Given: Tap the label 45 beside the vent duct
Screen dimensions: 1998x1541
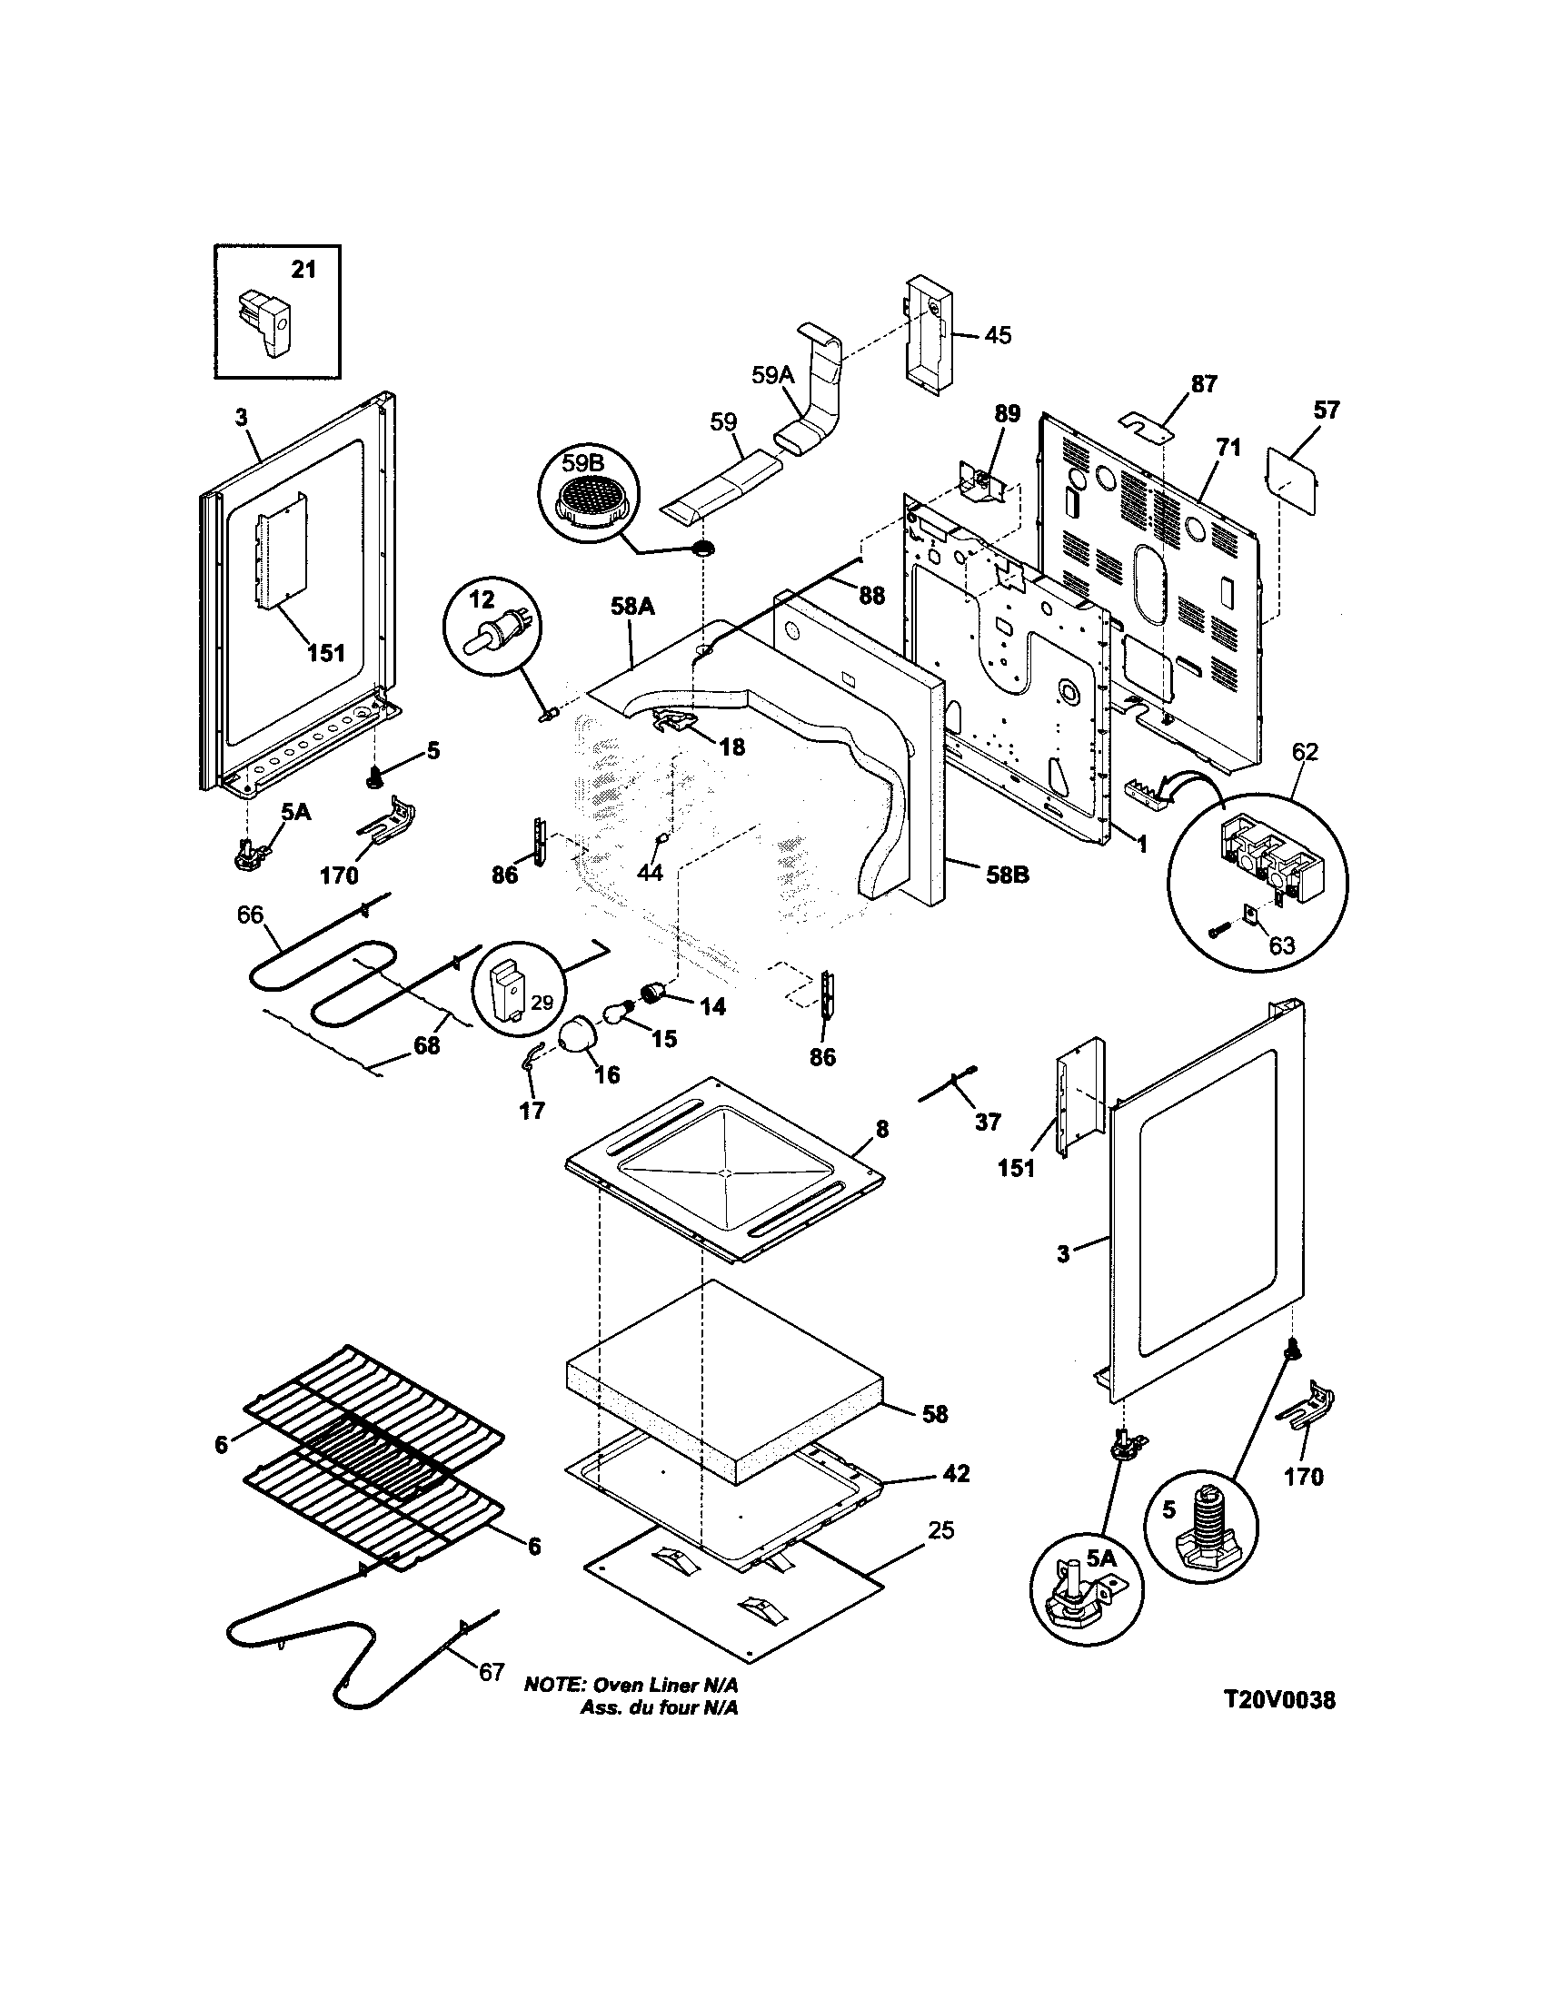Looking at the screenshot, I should (x=998, y=335).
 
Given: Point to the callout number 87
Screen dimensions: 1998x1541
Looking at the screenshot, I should (x=1203, y=384).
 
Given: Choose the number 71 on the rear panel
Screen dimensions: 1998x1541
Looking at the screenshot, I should (x=1228, y=448).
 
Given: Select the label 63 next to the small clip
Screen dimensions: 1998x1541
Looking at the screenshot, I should (x=1281, y=945).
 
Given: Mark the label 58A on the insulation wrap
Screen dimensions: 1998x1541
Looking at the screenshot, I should (x=632, y=606).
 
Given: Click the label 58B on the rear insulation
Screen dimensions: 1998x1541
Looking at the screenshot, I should (x=1007, y=875).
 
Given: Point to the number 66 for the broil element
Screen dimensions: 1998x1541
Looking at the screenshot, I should (x=250, y=915).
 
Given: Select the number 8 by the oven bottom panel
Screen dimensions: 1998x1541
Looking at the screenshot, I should (x=881, y=1129).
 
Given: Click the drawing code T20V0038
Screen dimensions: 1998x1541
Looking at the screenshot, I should (x=1279, y=1700).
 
